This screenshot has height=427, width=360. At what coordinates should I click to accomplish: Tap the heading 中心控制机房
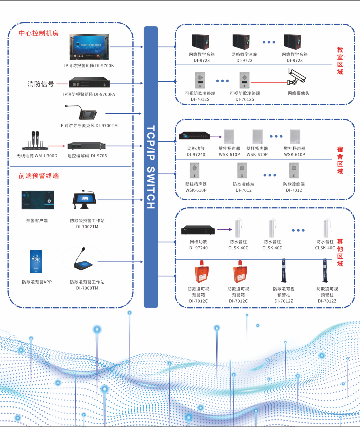pyautogui.click(x=39, y=33)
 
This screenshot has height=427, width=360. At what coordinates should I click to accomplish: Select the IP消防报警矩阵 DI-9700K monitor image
pyautogui.click(x=89, y=47)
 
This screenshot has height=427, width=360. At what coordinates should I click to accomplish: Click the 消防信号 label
pyautogui.click(x=41, y=84)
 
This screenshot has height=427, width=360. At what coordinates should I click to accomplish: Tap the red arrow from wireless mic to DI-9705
pyautogui.click(x=56, y=146)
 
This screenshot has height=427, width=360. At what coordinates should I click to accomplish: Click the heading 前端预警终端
pyautogui.click(x=39, y=176)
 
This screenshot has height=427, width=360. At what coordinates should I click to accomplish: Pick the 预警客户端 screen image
pyautogui.click(x=38, y=200)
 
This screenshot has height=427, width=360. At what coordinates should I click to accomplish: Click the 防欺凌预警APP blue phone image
pyautogui.click(x=36, y=262)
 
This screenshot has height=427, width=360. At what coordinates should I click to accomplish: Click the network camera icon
pyautogui.click(x=297, y=77)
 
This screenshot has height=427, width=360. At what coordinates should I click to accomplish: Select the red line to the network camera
pyautogui.click(x=269, y=82)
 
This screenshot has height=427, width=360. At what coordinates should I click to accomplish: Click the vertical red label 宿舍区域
pyautogui.click(x=340, y=160)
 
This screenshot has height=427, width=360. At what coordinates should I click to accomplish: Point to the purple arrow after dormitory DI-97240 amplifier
pyautogui.click(x=216, y=137)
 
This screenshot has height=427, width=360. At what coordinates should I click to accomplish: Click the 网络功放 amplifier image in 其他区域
pyautogui.click(x=198, y=230)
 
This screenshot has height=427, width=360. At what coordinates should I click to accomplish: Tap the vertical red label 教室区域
pyautogui.click(x=340, y=61)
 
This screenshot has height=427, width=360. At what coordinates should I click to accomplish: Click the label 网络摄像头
pyautogui.click(x=299, y=93)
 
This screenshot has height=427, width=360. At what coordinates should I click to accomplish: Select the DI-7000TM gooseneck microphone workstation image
pyautogui.click(x=83, y=260)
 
